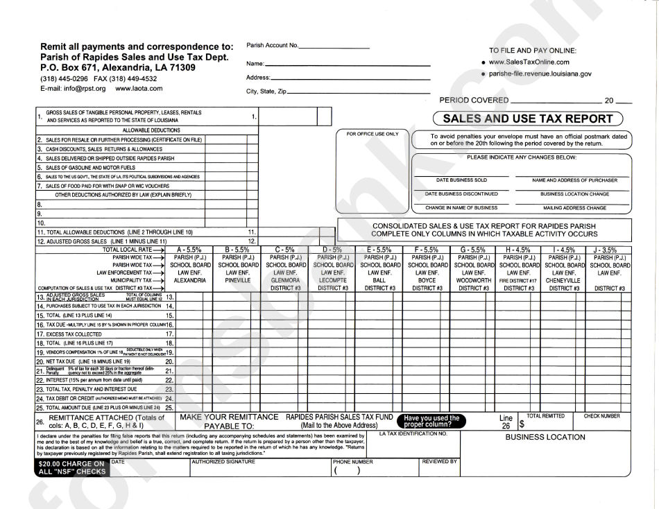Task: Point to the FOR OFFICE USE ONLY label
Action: (x=373, y=134)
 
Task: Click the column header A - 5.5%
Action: (x=188, y=249)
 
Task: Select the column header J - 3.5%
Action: (x=609, y=249)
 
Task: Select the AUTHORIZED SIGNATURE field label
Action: (x=220, y=461)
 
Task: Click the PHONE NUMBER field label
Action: (x=353, y=461)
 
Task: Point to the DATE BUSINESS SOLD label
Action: (x=457, y=180)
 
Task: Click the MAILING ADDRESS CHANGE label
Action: (x=576, y=207)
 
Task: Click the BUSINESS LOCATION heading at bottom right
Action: (x=545, y=438)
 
